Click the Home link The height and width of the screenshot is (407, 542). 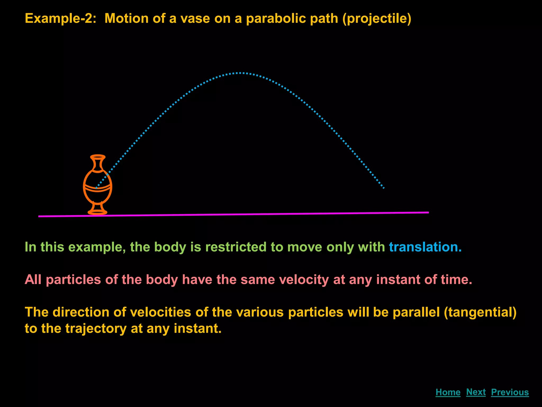pos(448,392)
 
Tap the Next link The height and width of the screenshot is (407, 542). pos(476,392)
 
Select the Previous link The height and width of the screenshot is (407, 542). pos(510,392)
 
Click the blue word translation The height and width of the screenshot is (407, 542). pos(425,247)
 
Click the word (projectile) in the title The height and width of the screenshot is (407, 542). pos(377,19)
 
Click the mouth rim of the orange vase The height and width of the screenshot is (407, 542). pos(98,157)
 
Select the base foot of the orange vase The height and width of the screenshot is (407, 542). pos(97,212)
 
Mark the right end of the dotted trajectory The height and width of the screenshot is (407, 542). pos(383,188)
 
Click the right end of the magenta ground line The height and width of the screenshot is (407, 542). pos(428,212)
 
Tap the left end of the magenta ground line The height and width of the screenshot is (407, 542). pos(39,216)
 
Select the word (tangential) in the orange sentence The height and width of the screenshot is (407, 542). pos(480,312)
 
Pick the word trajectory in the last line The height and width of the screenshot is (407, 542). pos(96,329)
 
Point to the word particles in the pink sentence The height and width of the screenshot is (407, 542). pos(73,280)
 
